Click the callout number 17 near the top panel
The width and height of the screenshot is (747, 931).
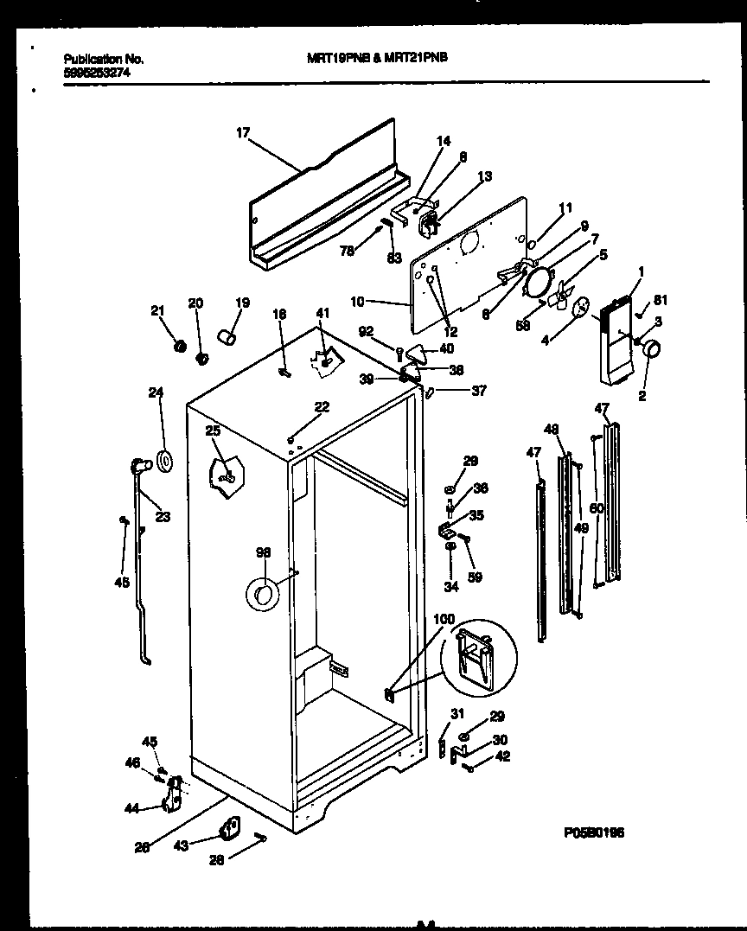tap(242, 132)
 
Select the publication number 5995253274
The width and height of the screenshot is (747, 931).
tap(97, 74)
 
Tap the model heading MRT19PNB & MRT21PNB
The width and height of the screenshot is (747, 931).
tap(378, 58)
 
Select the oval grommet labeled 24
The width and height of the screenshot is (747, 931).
tap(164, 461)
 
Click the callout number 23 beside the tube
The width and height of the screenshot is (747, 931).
tap(163, 517)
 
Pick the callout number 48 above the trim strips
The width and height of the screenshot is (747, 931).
tap(552, 429)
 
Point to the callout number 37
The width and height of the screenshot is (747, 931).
tap(478, 391)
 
